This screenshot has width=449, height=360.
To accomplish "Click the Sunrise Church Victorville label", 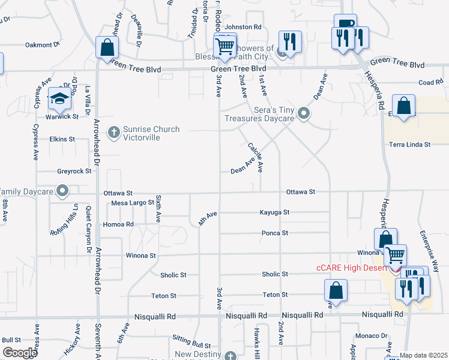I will click(x=151, y=133).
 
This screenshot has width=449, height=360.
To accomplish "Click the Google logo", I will click(x=20, y=353).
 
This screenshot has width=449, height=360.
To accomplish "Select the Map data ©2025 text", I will click(x=423, y=355).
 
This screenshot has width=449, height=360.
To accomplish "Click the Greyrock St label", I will click(x=74, y=171).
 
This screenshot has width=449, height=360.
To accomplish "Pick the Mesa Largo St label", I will click(x=133, y=203).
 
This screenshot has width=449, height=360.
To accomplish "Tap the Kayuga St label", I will click(x=274, y=212).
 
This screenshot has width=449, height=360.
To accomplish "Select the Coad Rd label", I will click(x=430, y=83).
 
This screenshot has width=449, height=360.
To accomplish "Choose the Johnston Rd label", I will click(x=243, y=27).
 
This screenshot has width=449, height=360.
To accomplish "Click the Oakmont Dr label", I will click(x=43, y=44).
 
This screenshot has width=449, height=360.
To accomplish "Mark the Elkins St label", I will click(x=62, y=139).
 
